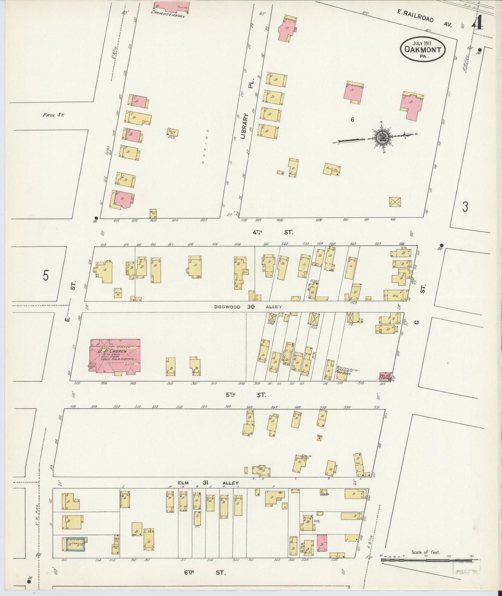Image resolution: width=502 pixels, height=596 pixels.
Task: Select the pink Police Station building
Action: point(385,377)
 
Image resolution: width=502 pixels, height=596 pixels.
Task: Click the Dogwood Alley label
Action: point(248,307)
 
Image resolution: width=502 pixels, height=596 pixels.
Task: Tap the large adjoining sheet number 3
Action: point(465,207)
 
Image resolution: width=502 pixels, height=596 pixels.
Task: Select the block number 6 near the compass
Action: point(352,120)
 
